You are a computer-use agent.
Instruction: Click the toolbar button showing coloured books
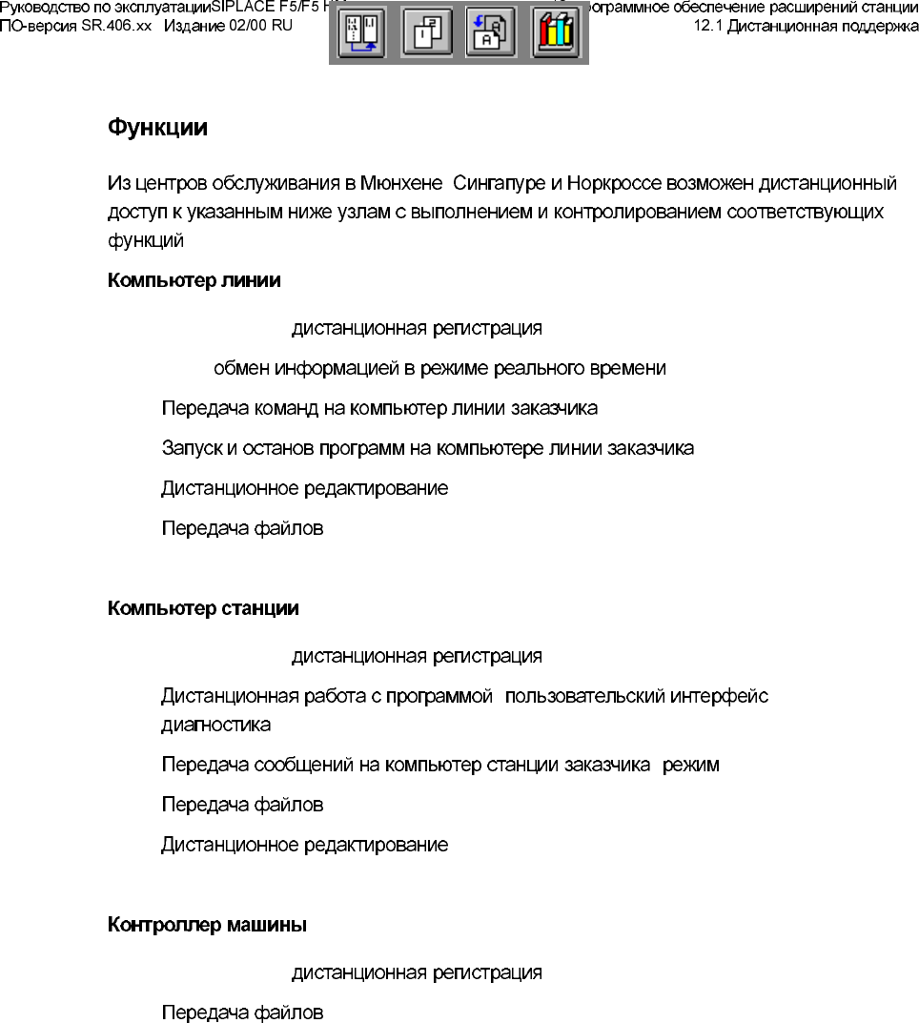(554, 34)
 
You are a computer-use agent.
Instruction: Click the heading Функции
(157, 129)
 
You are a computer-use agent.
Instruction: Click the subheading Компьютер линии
(194, 281)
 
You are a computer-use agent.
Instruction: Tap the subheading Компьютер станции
(203, 608)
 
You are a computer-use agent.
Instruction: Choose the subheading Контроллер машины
(207, 925)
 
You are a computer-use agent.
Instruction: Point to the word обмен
(241, 368)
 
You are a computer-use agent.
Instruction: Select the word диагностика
(215, 726)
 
